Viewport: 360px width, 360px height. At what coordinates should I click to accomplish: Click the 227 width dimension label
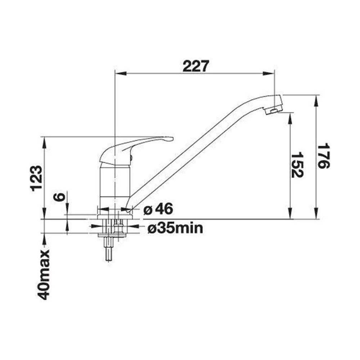196,66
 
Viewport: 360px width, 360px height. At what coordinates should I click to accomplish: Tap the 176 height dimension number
323,156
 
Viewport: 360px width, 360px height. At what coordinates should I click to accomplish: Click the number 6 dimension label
59,197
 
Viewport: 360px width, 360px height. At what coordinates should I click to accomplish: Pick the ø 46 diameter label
158,209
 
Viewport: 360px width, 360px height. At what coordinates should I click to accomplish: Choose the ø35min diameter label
175,228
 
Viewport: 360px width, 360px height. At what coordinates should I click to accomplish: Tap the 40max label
44,274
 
